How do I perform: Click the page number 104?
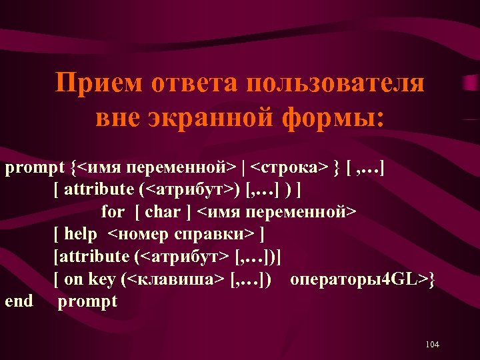pos(431,345)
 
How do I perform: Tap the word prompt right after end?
pos(87,301)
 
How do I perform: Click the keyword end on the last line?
pos(19,301)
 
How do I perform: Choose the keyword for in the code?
pos(113,212)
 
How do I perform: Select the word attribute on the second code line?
pos(99,189)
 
